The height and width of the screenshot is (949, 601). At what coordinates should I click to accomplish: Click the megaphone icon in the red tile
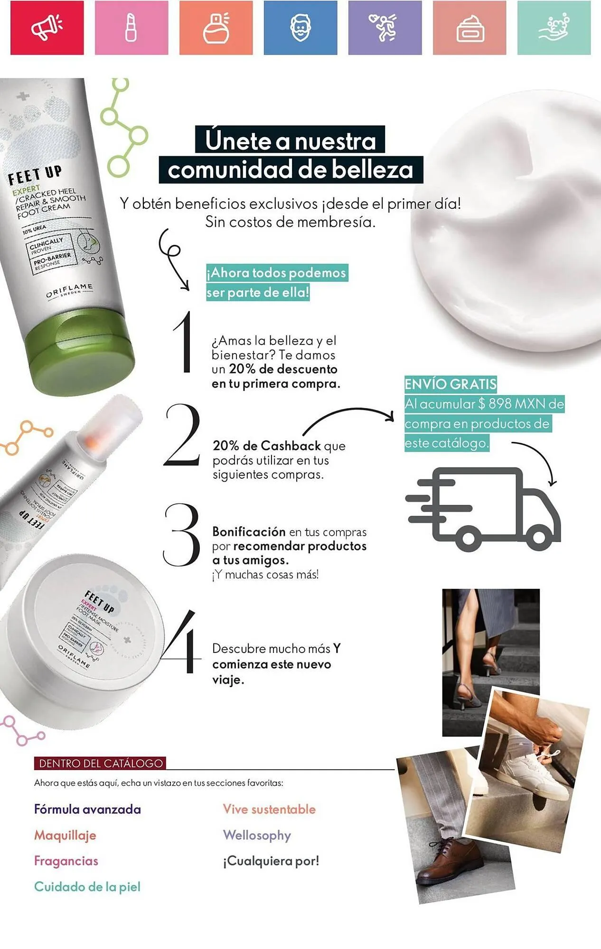(x=47, y=27)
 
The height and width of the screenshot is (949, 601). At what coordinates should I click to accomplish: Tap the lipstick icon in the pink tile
(x=131, y=28)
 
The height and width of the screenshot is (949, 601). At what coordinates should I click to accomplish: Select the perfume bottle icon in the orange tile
(x=216, y=28)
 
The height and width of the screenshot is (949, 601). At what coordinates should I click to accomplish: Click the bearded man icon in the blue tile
(x=300, y=28)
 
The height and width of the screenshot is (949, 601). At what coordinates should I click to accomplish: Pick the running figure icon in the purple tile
(x=385, y=28)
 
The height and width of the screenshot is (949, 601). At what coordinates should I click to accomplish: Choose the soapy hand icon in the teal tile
(x=554, y=28)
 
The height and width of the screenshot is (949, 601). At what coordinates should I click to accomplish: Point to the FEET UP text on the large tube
(x=35, y=174)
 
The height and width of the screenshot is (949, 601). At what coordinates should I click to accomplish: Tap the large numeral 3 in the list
(x=182, y=535)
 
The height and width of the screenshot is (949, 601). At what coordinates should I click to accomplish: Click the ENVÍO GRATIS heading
(x=451, y=383)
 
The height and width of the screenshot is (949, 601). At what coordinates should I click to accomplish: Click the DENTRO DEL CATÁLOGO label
(x=100, y=763)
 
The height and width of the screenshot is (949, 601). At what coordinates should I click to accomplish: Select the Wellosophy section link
(x=257, y=835)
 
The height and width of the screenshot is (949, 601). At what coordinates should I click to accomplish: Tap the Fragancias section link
(x=66, y=861)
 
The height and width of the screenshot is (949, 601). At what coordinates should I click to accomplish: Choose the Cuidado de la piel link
(x=87, y=886)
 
